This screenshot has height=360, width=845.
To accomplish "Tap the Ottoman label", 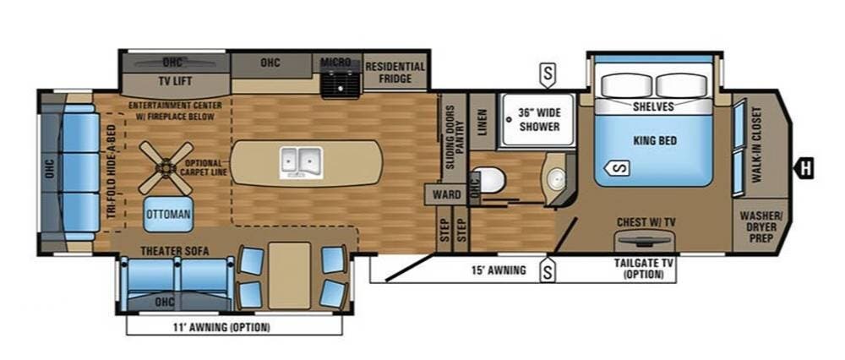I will [168, 215].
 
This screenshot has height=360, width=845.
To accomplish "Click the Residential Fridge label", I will [395, 73].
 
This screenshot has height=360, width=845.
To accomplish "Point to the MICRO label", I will [335, 63].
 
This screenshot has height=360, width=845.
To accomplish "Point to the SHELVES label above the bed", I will [653, 107].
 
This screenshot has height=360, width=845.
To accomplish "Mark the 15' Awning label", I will [499, 271].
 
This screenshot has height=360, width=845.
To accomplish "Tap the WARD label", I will [447, 195].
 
